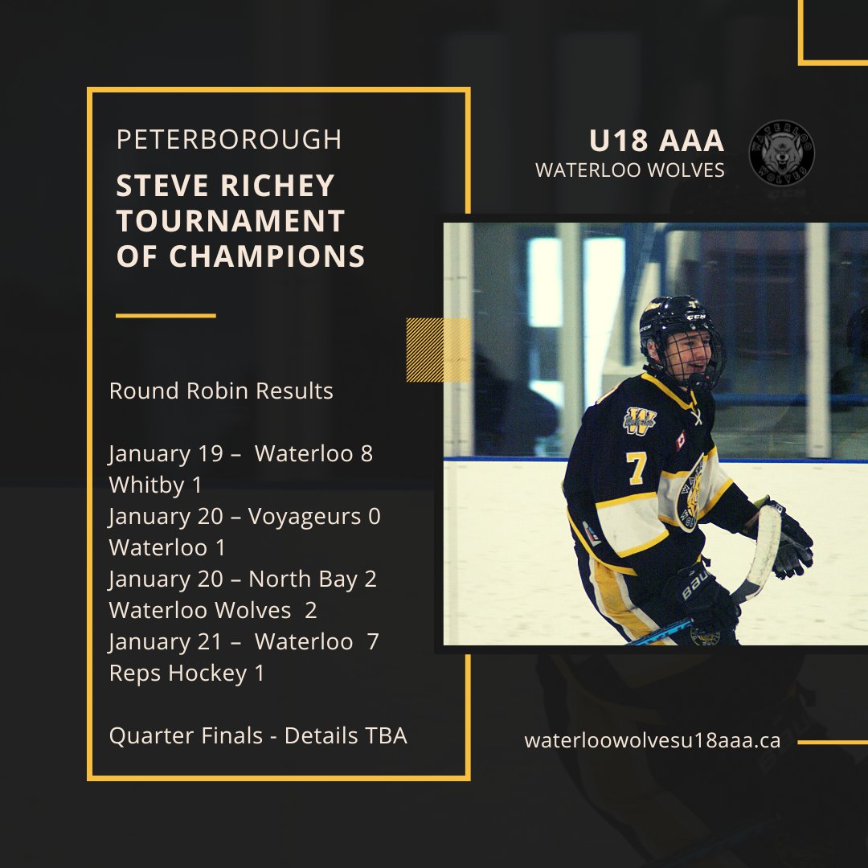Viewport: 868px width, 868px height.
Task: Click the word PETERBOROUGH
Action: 229,140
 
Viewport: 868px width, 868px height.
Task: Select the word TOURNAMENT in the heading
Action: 231,221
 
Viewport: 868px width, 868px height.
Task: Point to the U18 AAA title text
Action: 657,141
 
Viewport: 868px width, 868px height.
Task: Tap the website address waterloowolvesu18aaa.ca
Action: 652,741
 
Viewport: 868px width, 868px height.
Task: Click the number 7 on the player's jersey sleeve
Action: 637,469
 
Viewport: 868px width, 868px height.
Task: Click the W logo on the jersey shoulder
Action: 640,419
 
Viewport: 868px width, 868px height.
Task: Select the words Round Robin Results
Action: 221,391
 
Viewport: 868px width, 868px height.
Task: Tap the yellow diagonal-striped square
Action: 438,350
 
